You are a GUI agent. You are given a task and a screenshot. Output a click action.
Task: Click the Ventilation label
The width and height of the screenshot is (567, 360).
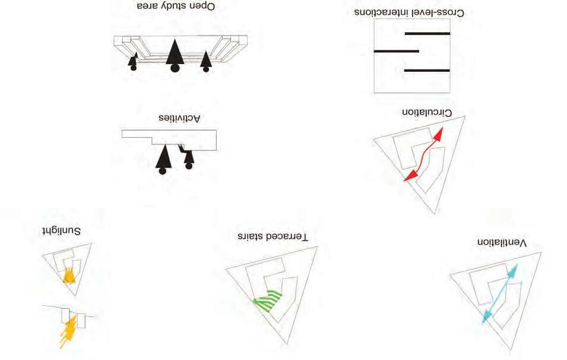502,243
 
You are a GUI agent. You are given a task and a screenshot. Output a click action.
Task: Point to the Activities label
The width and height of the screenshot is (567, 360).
180,119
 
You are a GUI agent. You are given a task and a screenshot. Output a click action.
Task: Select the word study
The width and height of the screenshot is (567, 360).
182,6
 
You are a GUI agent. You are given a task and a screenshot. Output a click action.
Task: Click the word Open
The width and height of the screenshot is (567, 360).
204,6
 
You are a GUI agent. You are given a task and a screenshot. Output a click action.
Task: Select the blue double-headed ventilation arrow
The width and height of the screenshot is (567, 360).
499,293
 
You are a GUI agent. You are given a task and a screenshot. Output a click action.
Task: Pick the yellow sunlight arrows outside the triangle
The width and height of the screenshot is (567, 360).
67,331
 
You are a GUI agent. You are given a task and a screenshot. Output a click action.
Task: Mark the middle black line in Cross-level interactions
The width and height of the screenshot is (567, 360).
396,52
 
